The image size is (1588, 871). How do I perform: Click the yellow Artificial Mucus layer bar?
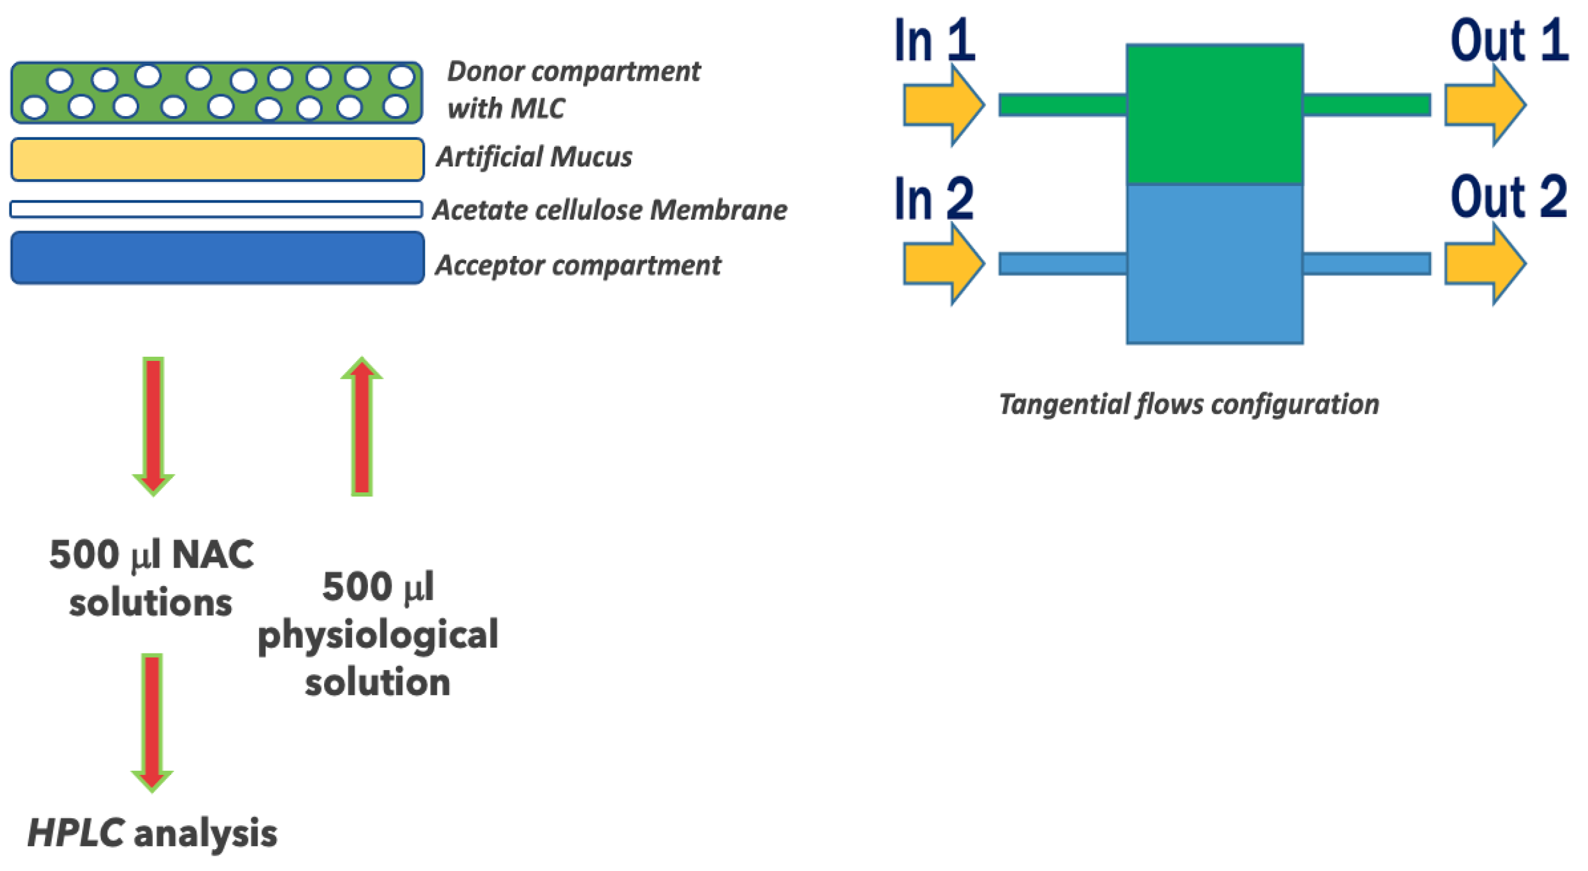coord(217,159)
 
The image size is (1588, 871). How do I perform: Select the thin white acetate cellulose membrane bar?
coord(216,210)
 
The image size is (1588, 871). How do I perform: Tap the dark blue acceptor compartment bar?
coord(217,258)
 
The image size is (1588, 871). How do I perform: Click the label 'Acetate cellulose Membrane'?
coord(610,210)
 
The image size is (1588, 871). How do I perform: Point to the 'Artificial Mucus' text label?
coord(534,156)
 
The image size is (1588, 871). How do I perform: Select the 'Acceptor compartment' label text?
coord(578,265)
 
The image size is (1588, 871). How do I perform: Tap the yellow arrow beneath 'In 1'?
coord(942,105)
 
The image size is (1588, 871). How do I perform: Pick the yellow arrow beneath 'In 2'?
coord(942,263)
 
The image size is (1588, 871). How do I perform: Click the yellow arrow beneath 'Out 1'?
coord(1483,105)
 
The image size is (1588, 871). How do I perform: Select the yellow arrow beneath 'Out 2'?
coord(1483,263)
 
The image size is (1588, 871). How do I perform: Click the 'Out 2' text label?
coord(1508,198)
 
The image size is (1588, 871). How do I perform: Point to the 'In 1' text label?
coord(934,41)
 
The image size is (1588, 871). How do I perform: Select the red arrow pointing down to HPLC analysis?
coord(152,722)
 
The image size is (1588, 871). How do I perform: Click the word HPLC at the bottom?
coord(76,834)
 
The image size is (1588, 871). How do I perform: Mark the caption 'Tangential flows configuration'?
coord(1188,404)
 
